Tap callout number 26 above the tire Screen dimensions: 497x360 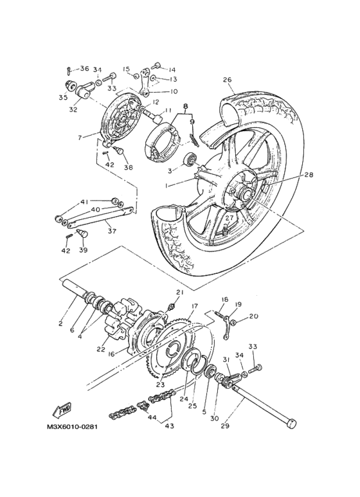[x=227, y=80]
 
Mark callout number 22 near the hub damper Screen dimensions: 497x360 [x=102, y=349]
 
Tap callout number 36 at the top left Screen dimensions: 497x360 [x=84, y=68]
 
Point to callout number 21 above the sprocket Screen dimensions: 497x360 [x=179, y=293]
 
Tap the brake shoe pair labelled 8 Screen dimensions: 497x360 [x=164, y=141]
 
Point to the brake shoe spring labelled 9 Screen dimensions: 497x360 [x=194, y=138]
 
